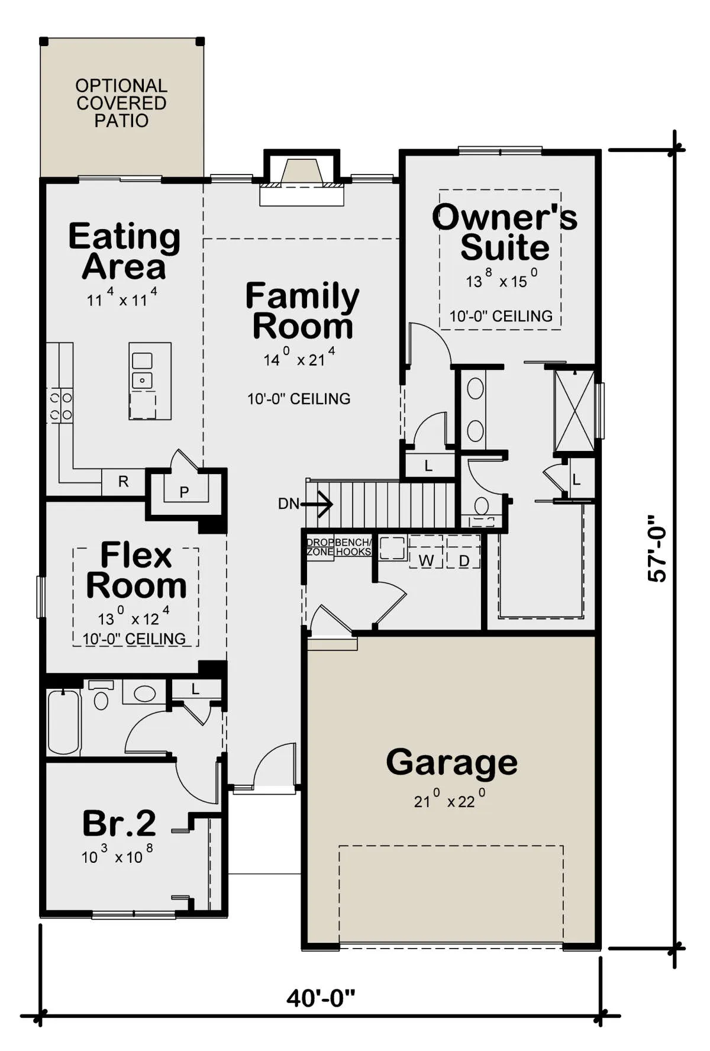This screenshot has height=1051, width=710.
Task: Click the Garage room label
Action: click(x=451, y=762)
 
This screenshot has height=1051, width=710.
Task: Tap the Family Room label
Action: click(x=302, y=311)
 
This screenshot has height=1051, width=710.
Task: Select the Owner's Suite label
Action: click(x=505, y=232)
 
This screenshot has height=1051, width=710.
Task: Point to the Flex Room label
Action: click(x=136, y=570)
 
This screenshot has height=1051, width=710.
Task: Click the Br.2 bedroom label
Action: click(x=119, y=823)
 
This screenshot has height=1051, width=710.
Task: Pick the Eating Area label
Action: click(x=124, y=251)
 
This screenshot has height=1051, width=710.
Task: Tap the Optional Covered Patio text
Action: click(x=121, y=103)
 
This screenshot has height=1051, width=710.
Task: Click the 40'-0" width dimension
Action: click(x=321, y=998)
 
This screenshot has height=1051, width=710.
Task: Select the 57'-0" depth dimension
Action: click(x=657, y=548)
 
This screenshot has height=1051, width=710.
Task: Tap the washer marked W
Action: click(x=426, y=552)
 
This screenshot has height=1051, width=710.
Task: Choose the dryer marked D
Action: click(x=464, y=552)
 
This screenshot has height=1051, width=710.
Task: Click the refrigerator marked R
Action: click(x=123, y=482)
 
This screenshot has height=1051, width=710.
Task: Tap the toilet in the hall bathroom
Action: click(x=101, y=695)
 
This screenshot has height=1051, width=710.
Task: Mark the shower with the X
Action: click(x=574, y=411)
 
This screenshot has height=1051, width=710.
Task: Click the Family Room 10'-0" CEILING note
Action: click(x=299, y=399)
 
